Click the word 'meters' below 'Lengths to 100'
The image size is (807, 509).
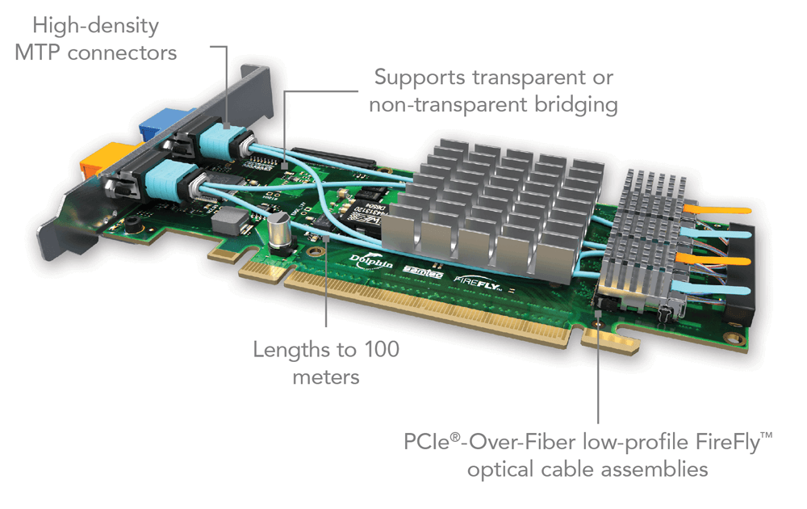tap(325, 377)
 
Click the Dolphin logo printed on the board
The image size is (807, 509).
tap(371, 261)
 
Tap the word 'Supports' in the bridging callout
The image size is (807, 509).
tap(420, 78)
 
